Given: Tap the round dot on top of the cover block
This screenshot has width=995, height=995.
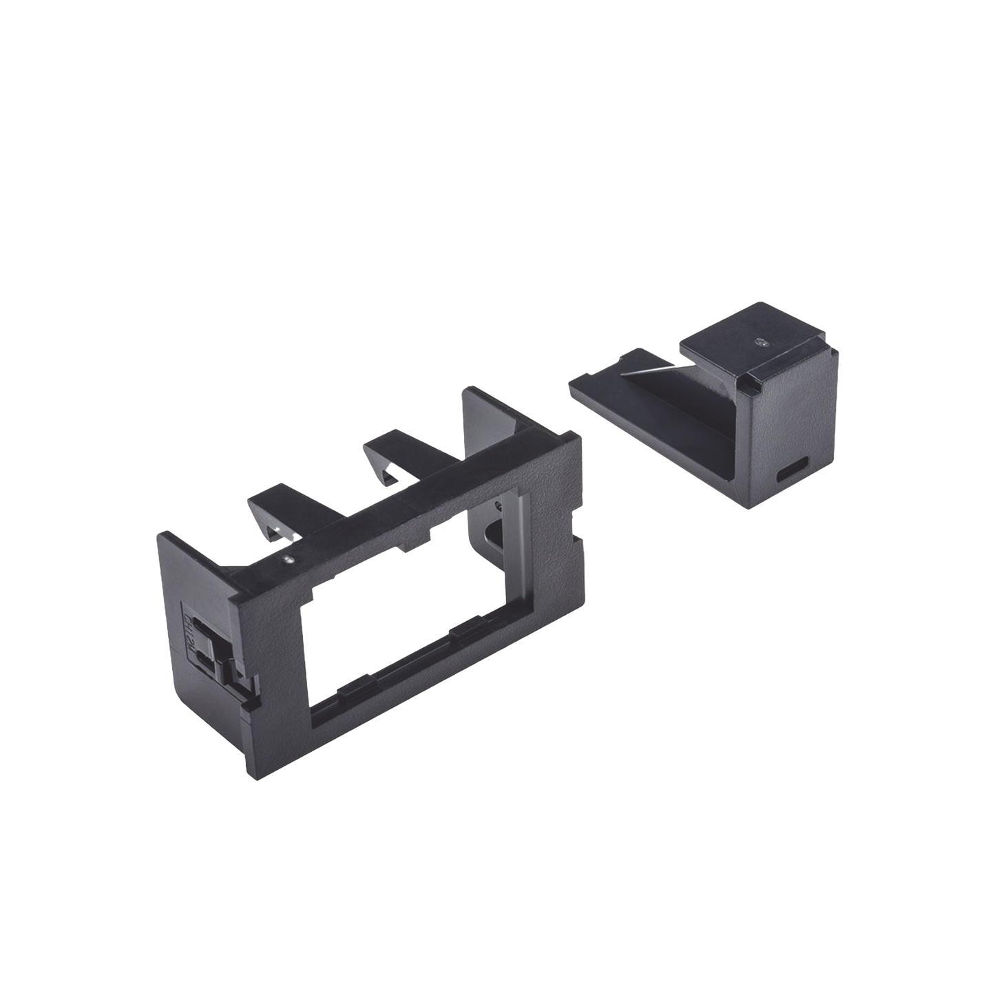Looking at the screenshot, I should (760, 341).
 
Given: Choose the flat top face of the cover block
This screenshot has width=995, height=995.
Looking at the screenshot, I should (757, 344).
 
